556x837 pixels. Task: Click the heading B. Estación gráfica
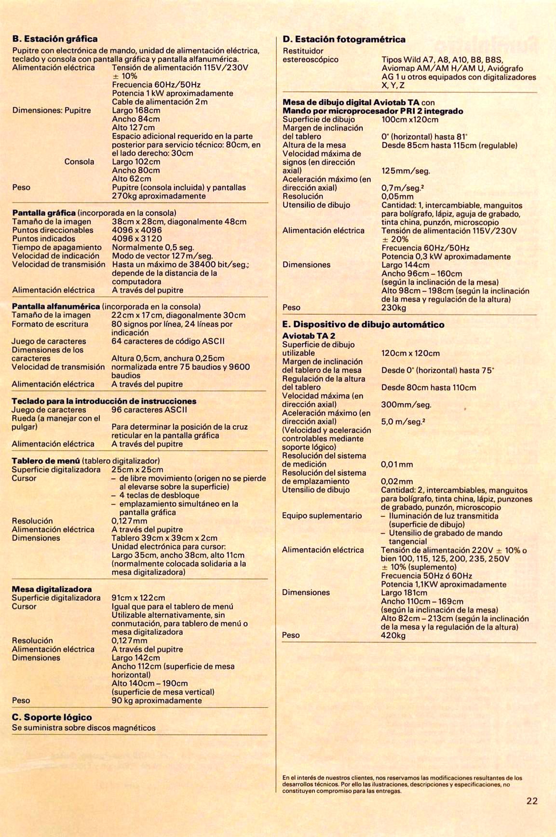tap(55, 39)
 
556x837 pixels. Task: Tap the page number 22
tap(532, 801)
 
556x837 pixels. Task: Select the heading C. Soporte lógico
tap(52, 717)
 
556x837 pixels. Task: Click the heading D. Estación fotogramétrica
tap(344, 39)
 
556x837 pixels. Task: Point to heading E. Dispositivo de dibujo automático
tap(363, 324)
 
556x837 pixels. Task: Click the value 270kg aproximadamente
tap(159, 196)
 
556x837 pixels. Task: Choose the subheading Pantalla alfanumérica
tap(56, 307)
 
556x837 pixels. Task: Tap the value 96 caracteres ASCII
tap(149, 410)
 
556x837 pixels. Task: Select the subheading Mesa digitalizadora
tap(52, 589)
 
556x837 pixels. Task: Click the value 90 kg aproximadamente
tap(157, 701)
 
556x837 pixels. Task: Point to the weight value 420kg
tap(393, 635)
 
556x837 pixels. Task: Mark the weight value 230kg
tap(393, 308)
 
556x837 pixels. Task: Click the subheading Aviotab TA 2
tap(309, 336)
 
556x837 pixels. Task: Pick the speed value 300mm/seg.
tap(406, 405)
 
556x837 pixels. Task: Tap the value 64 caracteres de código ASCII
tap(168, 341)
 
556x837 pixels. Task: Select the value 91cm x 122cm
tap(138, 598)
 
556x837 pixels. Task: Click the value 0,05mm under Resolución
tap(397, 197)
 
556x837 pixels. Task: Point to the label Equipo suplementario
tap(322, 516)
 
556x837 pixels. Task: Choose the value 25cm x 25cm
tap(137, 470)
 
